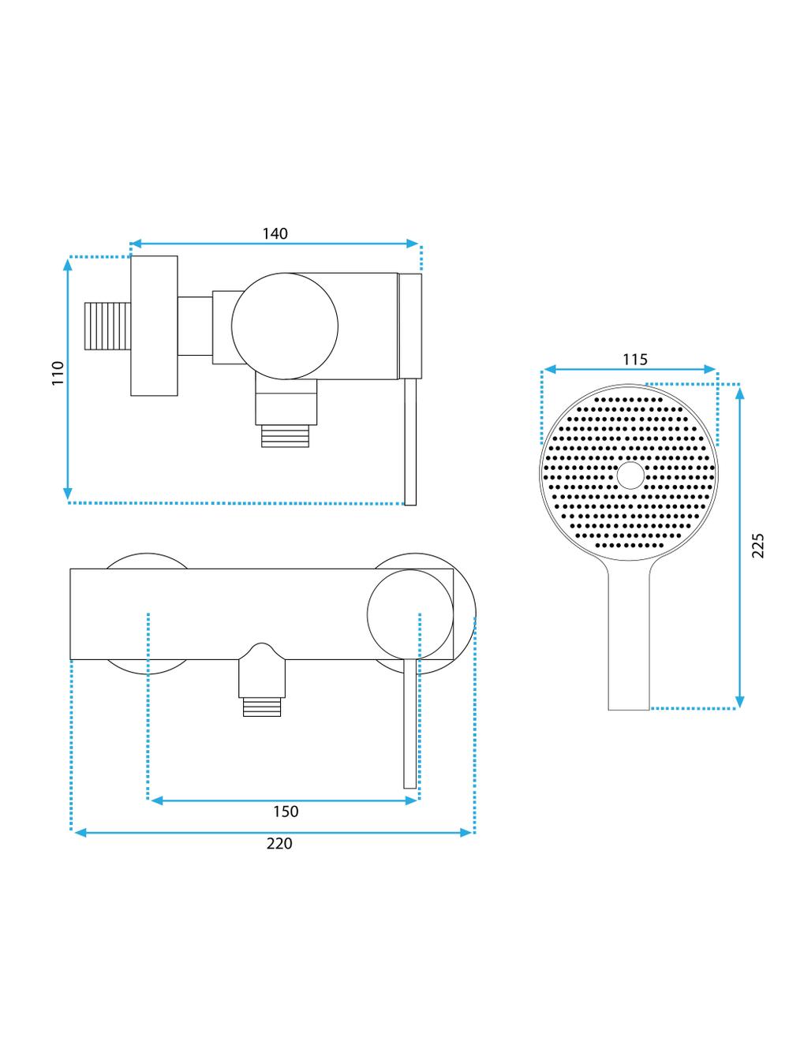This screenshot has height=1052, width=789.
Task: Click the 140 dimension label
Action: pyautogui.click(x=275, y=233)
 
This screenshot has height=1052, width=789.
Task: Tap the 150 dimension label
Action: pyautogui.click(x=286, y=811)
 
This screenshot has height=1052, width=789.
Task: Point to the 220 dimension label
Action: pyautogui.click(x=279, y=843)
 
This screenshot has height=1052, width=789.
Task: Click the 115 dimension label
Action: pyautogui.click(x=634, y=360)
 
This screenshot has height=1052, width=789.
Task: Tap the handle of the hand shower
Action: pyautogui.click(x=629, y=639)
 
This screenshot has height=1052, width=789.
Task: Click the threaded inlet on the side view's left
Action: pyautogui.click(x=107, y=326)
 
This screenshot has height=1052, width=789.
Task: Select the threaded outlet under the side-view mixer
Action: pyautogui.click(x=286, y=435)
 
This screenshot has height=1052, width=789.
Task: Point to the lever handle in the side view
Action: pyautogui.click(x=409, y=442)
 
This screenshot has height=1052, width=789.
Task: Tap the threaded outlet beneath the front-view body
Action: pyautogui.click(x=261, y=706)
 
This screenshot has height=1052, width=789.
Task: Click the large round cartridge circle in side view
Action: pyautogui.click(x=285, y=326)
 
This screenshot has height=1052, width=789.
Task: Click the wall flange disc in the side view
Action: pyautogui.click(x=154, y=326)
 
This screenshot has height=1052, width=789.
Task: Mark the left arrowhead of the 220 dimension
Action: pyautogui.click(x=77, y=831)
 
